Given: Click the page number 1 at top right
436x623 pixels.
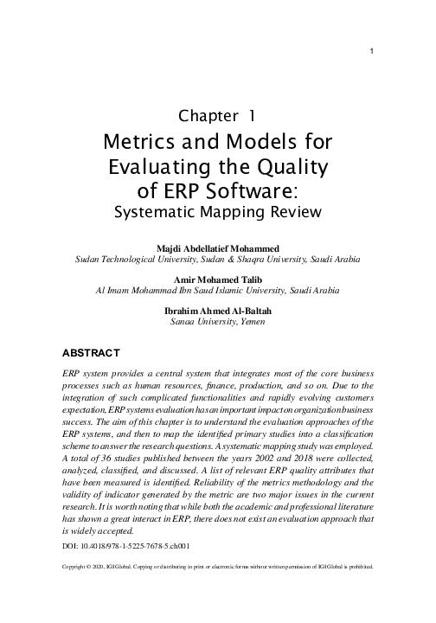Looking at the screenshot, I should (x=371, y=48).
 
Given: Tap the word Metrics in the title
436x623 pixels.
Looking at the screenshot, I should (x=137, y=141).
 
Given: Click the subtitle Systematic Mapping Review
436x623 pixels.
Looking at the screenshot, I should (x=218, y=210).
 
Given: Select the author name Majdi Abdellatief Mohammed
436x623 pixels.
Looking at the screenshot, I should (x=217, y=248).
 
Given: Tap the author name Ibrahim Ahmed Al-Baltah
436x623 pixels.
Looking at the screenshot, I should (x=217, y=310).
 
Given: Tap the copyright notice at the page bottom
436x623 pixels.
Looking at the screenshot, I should (x=217, y=568).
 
